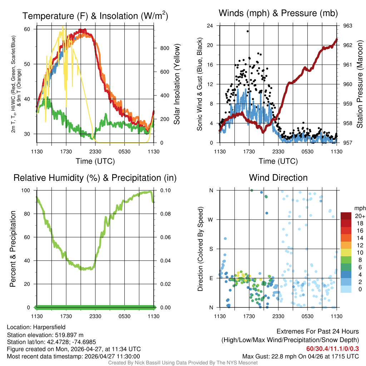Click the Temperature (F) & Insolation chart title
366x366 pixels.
(95, 16)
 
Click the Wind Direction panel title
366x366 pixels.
(278, 177)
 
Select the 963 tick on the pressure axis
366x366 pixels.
(348, 26)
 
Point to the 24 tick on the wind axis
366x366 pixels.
(210, 26)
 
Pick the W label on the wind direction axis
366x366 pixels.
(211, 219)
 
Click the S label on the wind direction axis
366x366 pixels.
(211, 249)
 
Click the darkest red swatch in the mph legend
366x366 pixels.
(346, 216)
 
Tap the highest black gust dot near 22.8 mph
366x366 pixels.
(248, 31)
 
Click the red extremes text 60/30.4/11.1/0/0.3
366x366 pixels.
(332, 348)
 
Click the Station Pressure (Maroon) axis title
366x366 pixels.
(360, 84)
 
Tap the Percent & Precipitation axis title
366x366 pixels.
(13, 249)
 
